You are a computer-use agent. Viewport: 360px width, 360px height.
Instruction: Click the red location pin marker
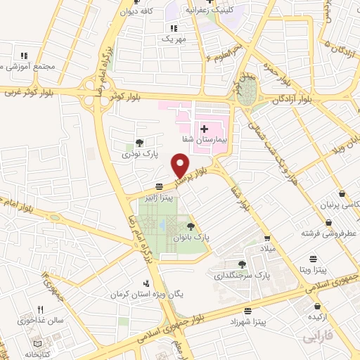(181, 166)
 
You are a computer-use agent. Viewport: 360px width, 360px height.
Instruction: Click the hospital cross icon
(204, 129)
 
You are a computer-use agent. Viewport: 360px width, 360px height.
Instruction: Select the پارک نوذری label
(136, 153)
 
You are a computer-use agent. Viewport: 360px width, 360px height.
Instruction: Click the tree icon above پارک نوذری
(139, 143)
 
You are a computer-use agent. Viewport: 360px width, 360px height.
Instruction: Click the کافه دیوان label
(136, 11)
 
